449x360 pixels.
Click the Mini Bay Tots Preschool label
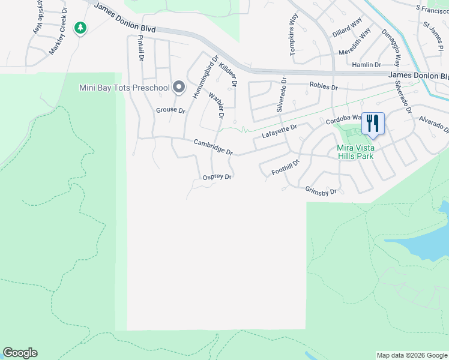[x=125, y=88]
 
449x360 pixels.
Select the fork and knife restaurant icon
[x=373, y=124]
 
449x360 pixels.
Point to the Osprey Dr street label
[x=217, y=177]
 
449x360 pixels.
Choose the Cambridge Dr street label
[x=212, y=146]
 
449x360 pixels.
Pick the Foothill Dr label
[x=285, y=167]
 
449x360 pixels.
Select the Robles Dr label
[x=324, y=86]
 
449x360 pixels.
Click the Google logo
[x=20, y=353]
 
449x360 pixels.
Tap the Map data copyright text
[x=411, y=355]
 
